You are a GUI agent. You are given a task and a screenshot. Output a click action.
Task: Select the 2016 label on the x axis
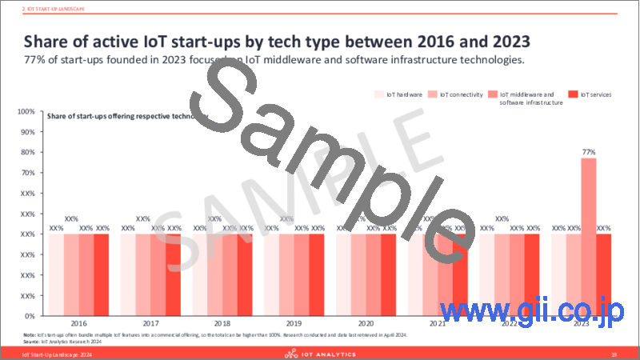[78, 325]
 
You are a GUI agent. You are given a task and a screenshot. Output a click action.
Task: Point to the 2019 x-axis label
[294, 325]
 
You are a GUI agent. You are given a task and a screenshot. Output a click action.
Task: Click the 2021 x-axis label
[438, 325]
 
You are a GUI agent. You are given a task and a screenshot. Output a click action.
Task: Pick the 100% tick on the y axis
[26, 111]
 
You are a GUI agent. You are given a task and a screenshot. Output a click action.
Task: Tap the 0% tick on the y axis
[29, 316]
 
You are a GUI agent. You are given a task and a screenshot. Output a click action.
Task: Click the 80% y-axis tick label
[27, 152]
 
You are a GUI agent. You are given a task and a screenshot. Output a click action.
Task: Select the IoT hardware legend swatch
[379, 94]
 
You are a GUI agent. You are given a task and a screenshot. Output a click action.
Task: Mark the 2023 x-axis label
[582, 325]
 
